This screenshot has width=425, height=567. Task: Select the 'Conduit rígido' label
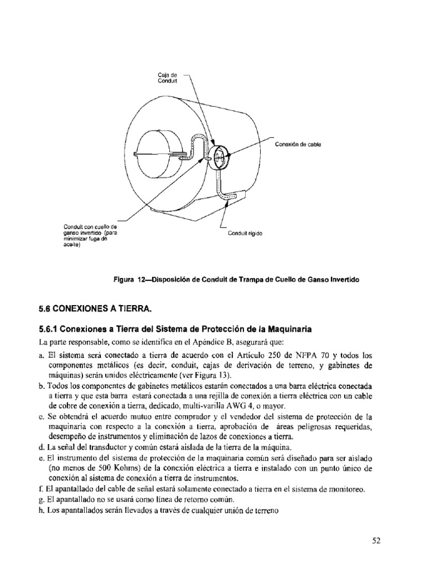(x=245, y=234)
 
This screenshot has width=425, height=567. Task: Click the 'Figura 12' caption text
(x=236, y=280)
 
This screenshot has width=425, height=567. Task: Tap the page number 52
(x=377, y=541)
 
